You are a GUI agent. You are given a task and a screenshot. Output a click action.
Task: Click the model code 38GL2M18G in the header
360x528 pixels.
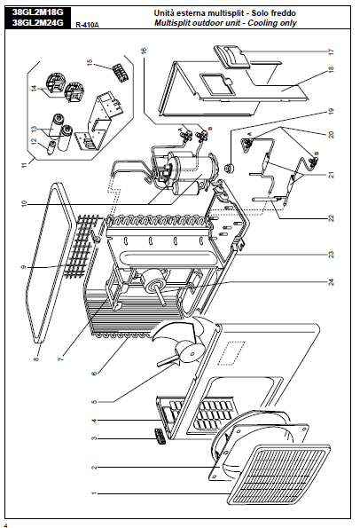37,12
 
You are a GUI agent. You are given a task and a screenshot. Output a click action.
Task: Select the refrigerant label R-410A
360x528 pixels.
88,25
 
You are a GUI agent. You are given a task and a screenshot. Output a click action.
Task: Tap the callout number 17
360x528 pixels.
331,51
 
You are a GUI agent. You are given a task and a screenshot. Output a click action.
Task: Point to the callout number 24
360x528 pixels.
331,282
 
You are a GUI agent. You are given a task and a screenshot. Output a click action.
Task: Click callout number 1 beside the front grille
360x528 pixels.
94,493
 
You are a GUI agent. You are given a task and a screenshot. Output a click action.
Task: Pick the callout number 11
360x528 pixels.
24,165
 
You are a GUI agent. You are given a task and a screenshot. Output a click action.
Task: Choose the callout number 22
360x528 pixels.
331,218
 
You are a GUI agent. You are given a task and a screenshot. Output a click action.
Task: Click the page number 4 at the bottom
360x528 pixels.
5,525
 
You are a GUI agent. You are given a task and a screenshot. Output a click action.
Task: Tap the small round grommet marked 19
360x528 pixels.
230,167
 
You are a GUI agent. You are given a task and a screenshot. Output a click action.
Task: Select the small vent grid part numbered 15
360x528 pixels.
121,71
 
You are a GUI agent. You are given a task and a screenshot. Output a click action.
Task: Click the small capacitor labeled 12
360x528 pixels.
52,147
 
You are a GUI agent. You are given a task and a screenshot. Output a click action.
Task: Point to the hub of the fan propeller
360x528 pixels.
192,354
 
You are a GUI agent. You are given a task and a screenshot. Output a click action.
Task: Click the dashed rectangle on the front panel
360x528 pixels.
231,353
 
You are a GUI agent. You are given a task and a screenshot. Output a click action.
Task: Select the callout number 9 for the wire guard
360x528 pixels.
24,267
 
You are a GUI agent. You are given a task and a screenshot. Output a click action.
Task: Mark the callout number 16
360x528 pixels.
144,51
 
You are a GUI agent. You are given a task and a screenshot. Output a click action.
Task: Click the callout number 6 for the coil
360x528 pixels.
94,373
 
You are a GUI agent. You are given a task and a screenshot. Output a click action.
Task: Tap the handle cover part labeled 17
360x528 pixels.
232,58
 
